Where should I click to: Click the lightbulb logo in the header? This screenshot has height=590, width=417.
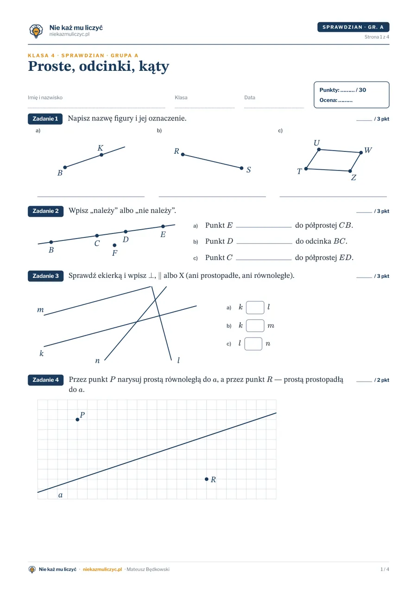pyautogui.click(x=36, y=31)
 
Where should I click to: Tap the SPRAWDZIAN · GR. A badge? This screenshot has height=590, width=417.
pyautogui.click(x=353, y=27)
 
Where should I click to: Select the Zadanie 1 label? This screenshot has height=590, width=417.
pyautogui.click(x=45, y=119)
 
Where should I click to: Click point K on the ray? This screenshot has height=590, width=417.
pyautogui.click(x=101, y=155)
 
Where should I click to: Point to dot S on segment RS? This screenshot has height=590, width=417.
pyautogui.click(x=241, y=168)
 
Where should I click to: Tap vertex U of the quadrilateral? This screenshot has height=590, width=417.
pyautogui.click(x=319, y=150)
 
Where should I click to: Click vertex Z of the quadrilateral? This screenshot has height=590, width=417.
pyautogui.click(x=350, y=171)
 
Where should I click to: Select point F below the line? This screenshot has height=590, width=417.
pyautogui.click(x=114, y=245)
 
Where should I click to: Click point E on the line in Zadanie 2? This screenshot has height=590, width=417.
pyautogui.click(x=163, y=226)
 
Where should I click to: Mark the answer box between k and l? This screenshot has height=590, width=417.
pyautogui.click(x=255, y=308)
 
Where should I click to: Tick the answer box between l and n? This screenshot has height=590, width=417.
pyautogui.click(x=253, y=344)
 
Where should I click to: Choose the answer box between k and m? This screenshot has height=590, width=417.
pyautogui.click(x=255, y=326)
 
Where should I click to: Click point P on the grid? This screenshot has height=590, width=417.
pyautogui.click(x=77, y=420)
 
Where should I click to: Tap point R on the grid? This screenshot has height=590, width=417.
pyautogui.click(x=207, y=479)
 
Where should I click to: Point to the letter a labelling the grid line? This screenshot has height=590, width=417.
pyautogui.click(x=60, y=495)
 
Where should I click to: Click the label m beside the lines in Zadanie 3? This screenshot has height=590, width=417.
pyautogui.click(x=40, y=310)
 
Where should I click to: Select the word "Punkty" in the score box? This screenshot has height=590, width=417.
pyautogui.click(x=329, y=90)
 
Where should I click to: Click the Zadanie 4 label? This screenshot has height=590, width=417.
pyautogui.click(x=45, y=380)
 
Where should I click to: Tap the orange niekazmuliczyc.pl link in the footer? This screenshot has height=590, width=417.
pyautogui.click(x=102, y=569)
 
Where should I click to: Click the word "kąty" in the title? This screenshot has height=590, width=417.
pyautogui.click(x=154, y=67)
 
